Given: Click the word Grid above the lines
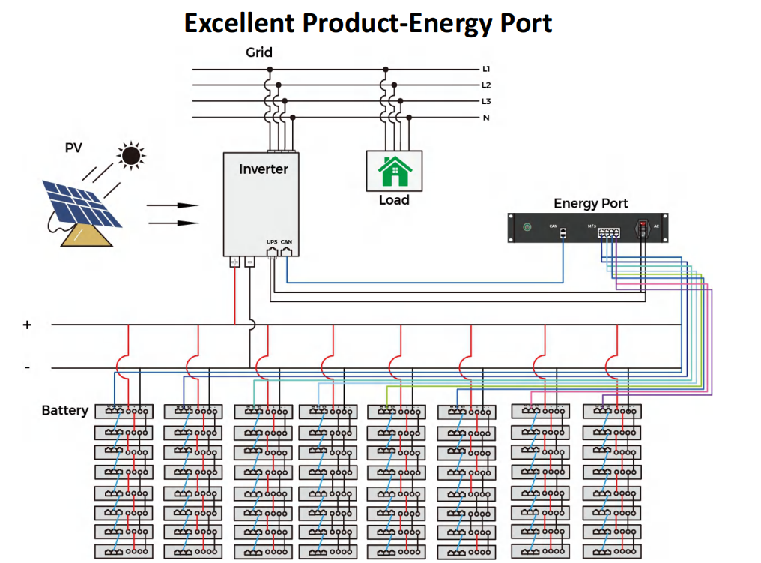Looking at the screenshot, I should tap(259, 53).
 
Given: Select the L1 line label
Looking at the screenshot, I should tap(486, 69).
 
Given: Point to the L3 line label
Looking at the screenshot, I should tap(486, 101).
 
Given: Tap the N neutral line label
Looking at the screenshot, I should tap(486, 118).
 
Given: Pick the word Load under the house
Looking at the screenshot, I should tap(394, 200).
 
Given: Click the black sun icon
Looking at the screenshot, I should tap(131, 155).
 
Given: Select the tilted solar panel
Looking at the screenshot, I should tap(81, 202).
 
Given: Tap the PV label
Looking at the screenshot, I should tap(73, 148).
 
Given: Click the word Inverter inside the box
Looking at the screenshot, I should tap(263, 169).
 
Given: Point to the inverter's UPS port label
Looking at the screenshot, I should tap(272, 241).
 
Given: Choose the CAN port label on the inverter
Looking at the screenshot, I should tap(286, 241).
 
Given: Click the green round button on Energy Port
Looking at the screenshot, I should tap(527, 226).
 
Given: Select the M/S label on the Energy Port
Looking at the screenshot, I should tap(592, 225).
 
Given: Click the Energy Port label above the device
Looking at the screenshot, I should tap(590, 203).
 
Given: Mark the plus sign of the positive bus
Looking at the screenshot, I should tap(28, 325).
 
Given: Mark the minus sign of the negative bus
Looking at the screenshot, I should tap(27, 367).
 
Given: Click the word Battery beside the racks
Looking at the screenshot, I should tap(64, 411).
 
